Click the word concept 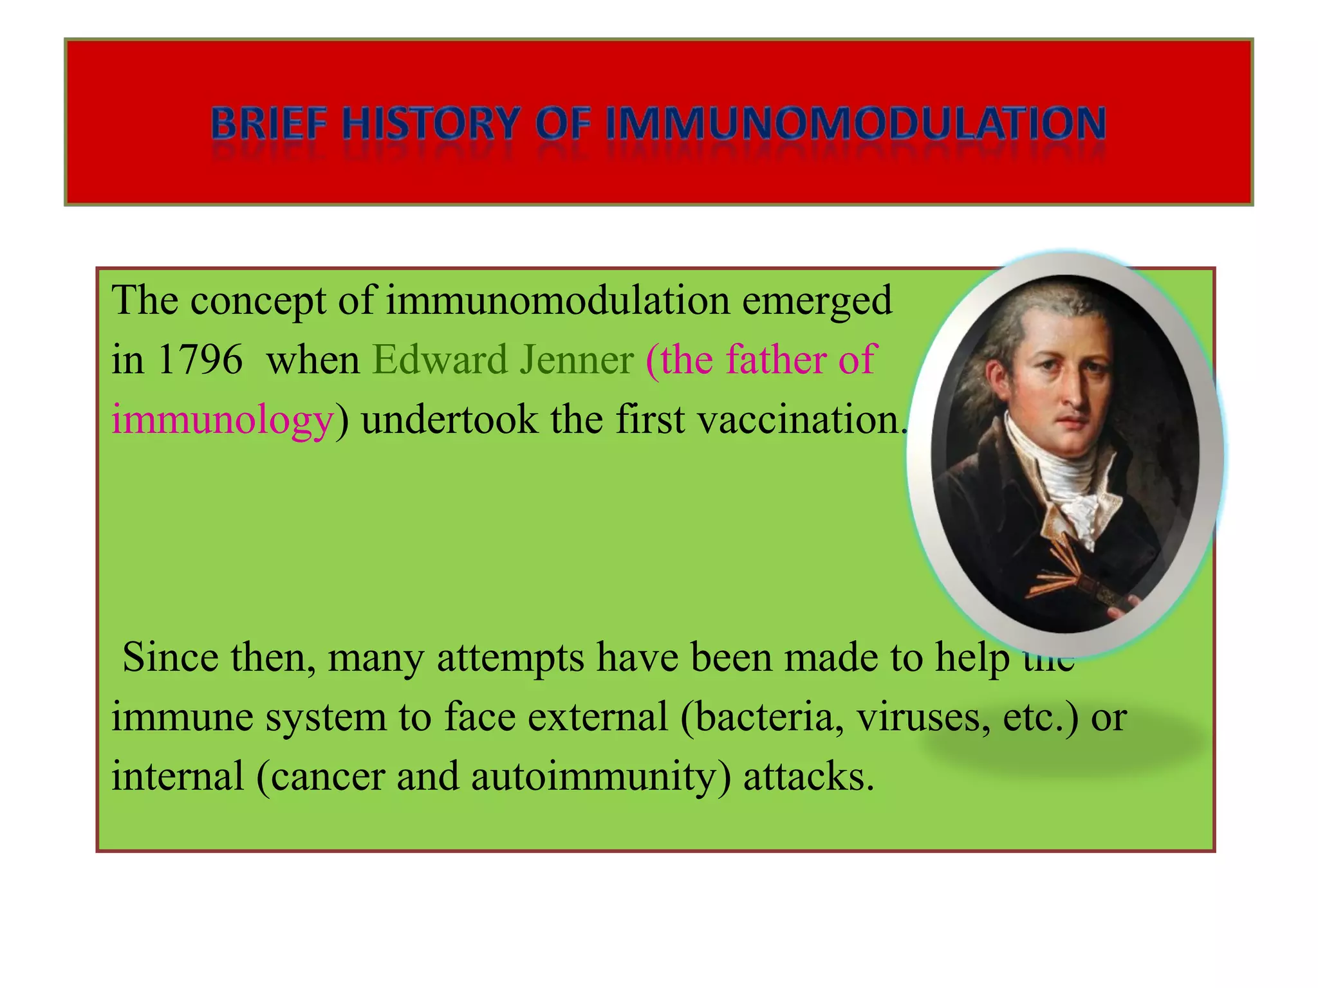coord(258,301)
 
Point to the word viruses coord(923,717)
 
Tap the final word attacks coord(808,777)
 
